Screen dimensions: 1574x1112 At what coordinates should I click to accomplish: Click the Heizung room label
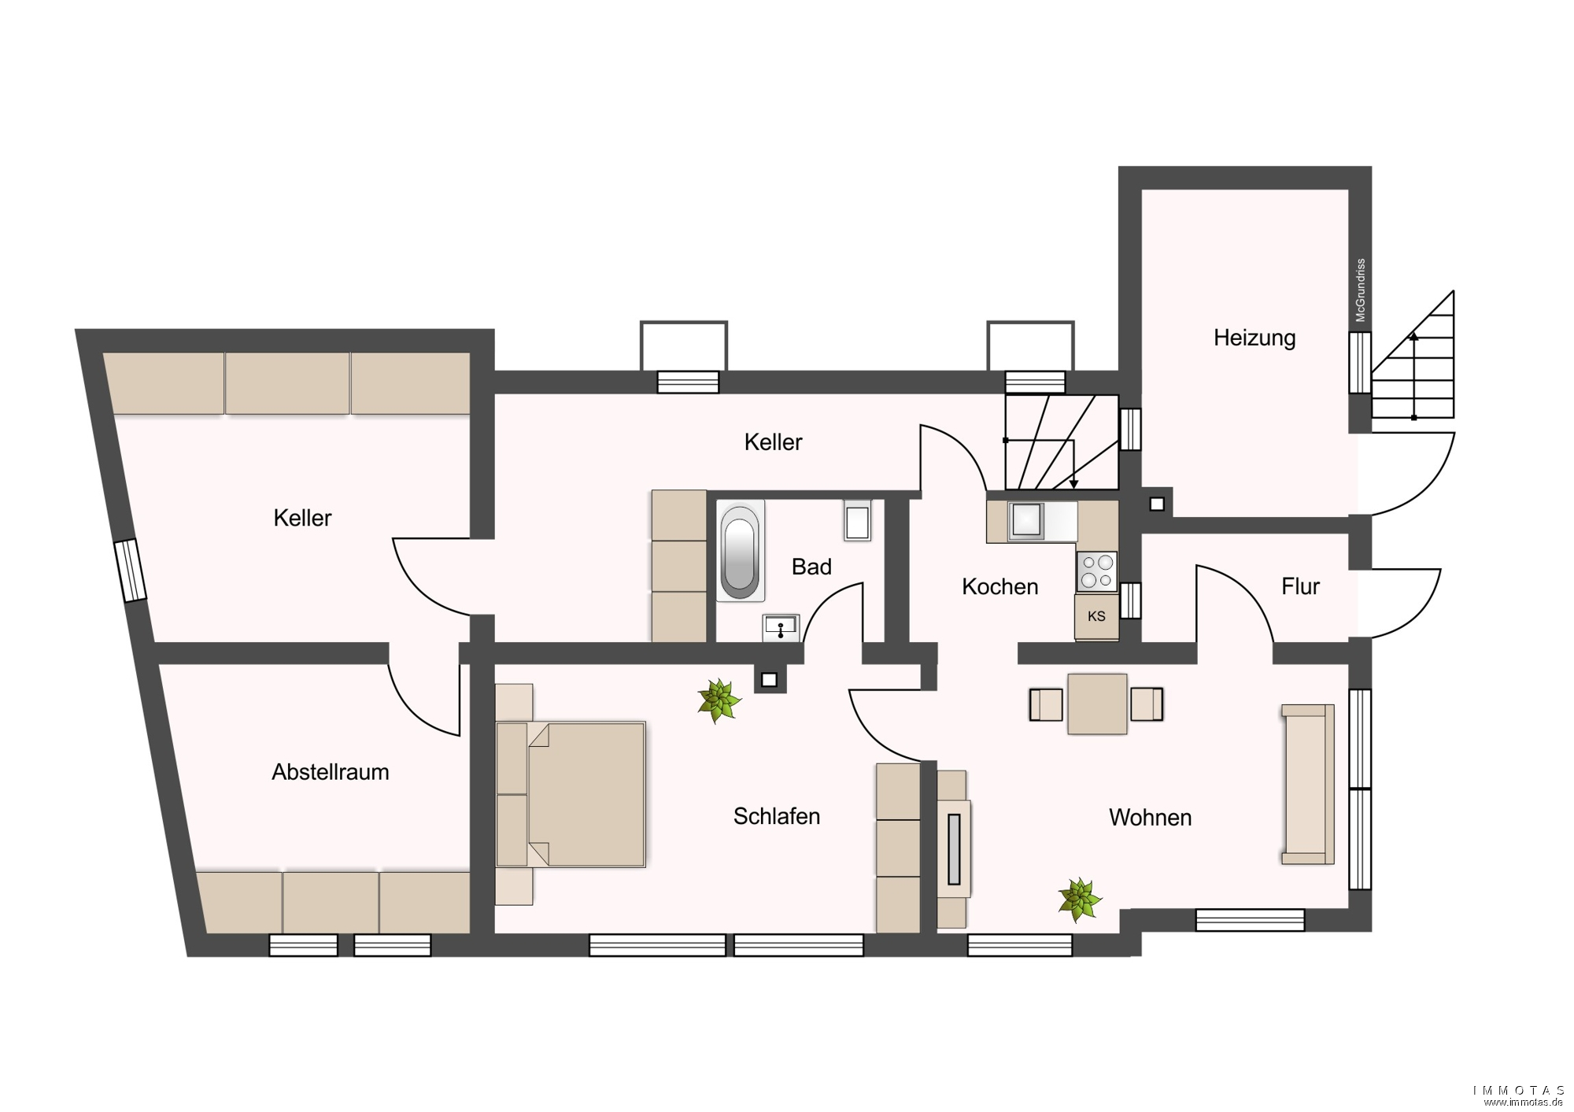click(x=1254, y=338)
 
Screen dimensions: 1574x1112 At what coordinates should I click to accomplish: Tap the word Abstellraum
click(x=331, y=772)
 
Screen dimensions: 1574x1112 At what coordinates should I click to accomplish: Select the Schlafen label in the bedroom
click(x=777, y=816)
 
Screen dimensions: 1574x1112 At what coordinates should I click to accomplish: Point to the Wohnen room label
click(x=1150, y=818)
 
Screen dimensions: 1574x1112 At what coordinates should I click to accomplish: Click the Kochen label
click(x=999, y=586)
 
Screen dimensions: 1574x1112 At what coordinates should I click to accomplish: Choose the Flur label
click(x=1300, y=586)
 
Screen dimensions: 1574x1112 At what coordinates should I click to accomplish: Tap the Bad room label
click(x=811, y=567)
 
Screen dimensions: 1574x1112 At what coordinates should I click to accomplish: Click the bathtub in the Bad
click(x=739, y=551)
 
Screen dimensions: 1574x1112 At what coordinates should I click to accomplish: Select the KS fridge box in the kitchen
click(x=1096, y=617)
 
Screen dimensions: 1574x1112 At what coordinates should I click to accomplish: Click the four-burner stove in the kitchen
click(x=1097, y=571)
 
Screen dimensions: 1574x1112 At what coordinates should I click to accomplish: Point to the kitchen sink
click(x=1027, y=520)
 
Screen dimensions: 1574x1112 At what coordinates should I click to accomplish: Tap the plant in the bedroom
click(x=719, y=700)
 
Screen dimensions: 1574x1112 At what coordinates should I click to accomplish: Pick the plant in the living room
click(x=1080, y=900)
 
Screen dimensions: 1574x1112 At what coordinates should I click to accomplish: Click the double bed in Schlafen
click(x=571, y=795)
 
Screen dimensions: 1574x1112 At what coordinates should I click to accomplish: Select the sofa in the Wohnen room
click(x=1308, y=785)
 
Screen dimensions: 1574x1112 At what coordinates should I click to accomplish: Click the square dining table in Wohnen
click(x=1097, y=704)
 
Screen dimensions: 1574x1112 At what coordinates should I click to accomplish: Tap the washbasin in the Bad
click(x=781, y=628)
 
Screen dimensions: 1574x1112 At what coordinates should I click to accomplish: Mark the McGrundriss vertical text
click(x=1361, y=290)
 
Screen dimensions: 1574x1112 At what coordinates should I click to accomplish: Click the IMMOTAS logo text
click(x=1520, y=1091)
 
